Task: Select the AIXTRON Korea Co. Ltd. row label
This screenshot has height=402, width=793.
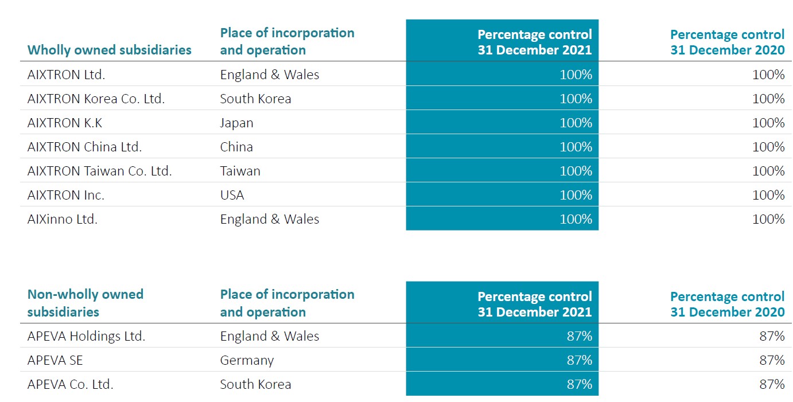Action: tap(96, 99)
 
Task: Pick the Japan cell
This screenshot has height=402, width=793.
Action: tap(236, 123)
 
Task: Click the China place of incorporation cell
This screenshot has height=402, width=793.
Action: tap(236, 147)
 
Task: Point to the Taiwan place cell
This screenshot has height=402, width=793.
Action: tap(240, 171)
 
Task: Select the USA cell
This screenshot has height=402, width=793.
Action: tap(232, 195)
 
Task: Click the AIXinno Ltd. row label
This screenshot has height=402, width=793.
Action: tap(62, 219)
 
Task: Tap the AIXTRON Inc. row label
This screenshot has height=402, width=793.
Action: tap(66, 195)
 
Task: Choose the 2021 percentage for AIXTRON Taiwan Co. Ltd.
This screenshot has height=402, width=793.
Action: tap(576, 171)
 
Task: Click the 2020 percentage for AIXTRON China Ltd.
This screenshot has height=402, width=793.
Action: tap(768, 147)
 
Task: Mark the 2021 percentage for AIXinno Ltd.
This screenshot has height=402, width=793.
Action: tap(576, 219)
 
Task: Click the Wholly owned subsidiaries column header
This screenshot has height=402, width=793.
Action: tap(109, 50)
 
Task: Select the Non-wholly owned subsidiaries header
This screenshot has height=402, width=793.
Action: tap(85, 303)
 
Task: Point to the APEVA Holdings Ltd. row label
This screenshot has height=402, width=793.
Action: tap(86, 336)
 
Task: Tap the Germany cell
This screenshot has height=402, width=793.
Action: tap(247, 360)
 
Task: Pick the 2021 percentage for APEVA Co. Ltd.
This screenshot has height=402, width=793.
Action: tap(579, 384)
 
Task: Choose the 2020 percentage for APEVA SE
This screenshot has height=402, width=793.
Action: tap(772, 360)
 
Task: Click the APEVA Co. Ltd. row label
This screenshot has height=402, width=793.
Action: tap(70, 384)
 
